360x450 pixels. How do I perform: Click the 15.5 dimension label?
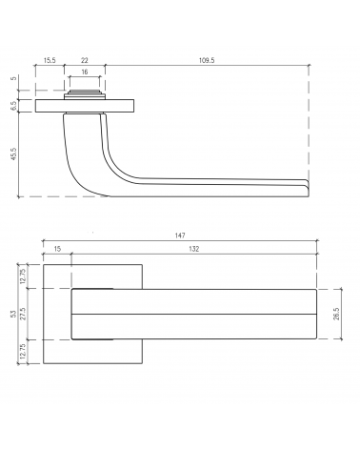(x=50, y=60)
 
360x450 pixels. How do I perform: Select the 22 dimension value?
(x=85, y=60)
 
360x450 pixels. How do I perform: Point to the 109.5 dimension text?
(x=207, y=60)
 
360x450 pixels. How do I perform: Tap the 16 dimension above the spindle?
(x=85, y=72)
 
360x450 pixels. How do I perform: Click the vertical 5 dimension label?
(x=13, y=78)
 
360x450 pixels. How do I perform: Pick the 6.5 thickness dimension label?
(x=13, y=106)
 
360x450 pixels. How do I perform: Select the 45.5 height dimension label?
(x=13, y=153)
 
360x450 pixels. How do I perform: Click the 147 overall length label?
(x=180, y=235)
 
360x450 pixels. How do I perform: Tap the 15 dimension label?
(x=57, y=249)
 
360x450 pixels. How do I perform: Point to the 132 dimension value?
(x=194, y=249)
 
